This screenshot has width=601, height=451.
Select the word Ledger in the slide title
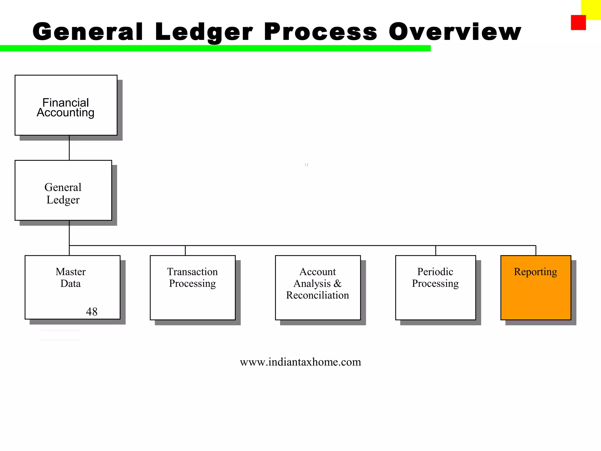[204, 32]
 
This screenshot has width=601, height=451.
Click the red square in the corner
[578, 23]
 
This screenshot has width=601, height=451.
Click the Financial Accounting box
[66, 105]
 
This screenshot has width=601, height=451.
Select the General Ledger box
[63, 190]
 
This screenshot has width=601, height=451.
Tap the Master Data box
[72, 287]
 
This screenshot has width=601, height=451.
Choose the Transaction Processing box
[193, 287]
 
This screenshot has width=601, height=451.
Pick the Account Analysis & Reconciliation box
[318, 287]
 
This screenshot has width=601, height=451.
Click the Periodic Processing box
[435, 287]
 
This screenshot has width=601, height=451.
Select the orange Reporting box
[536, 287]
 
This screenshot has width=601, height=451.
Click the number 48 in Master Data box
[92, 312]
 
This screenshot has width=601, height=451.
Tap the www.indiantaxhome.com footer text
[300, 362]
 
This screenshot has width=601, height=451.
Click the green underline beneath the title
[215, 48]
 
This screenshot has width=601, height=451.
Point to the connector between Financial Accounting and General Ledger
[69, 148]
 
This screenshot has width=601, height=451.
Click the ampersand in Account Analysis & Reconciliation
[338, 283]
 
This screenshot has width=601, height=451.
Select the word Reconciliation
[318, 295]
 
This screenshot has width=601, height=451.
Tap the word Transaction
[193, 272]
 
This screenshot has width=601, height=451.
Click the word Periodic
[435, 272]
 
